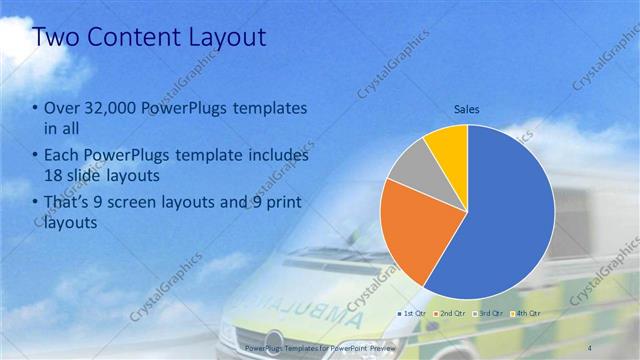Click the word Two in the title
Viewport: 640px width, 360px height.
pyautogui.click(x=55, y=38)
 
